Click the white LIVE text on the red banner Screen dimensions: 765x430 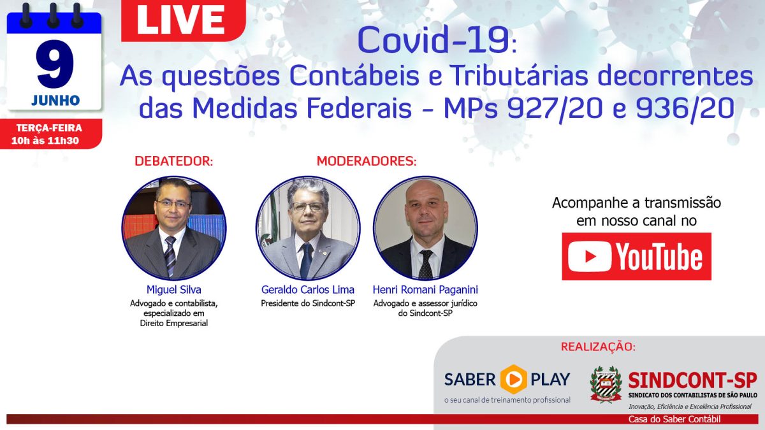(x=180, y=20)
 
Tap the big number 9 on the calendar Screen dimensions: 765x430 (x=55, y=64)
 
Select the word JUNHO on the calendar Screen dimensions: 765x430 (x=55, y=101)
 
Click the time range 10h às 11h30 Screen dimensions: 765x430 (x=45, y=141)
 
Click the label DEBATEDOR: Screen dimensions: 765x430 (x=174, y=161)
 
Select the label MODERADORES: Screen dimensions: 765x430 (x=367, y=161)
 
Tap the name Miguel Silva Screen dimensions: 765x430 (x=174, y=290)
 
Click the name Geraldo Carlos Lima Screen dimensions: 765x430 (x=308, y=290)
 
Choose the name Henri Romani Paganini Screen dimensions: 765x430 (x=425, y=290)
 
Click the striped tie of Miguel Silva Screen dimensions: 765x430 (x=170, y=255)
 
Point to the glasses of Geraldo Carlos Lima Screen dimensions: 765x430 (x=308, y=207)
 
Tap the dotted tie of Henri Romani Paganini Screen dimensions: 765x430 (x=426, y=264)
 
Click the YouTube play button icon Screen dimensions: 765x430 (x=590, y=256)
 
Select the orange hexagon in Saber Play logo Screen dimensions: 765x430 (x=514, y=379)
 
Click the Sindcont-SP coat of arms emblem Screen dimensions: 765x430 (x=606, y=384)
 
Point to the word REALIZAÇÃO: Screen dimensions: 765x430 (x=599, y=347)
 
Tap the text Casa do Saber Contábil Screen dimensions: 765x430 (x=675, y=419)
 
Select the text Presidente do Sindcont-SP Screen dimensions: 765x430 (x=308, y=303)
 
